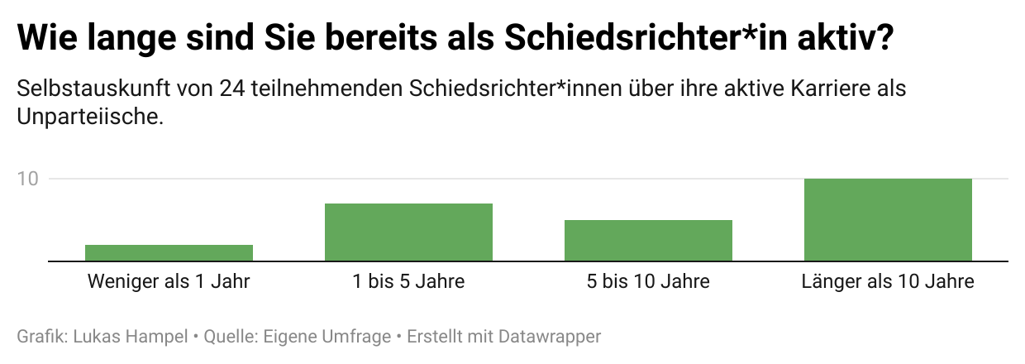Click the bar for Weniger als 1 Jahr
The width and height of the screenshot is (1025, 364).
(x=169, y=253)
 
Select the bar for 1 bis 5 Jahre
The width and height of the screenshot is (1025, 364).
(x=408, y=232)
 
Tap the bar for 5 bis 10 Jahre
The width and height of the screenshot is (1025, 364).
(x=648, y=241)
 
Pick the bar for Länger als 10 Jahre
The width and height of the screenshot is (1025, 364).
(x=888, y=220)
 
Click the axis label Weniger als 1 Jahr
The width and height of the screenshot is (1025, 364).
(x=169, y=281)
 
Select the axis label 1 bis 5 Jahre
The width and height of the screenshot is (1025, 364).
(x=408, y=281)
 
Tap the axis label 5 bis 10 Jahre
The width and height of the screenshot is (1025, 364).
(x=648, y=281)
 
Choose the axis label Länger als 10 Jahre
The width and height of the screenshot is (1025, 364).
(x=888, y=281)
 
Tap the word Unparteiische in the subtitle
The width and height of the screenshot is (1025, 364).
(x=87, y=117)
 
